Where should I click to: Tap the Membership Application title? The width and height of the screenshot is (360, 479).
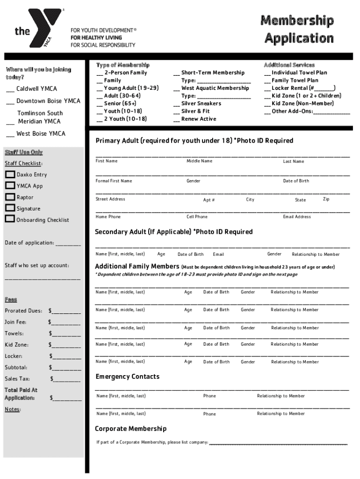click(297, 29)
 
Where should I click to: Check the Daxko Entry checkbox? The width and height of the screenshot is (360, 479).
click(10, 174)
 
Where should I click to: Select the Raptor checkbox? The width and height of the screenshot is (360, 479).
click(10, 197)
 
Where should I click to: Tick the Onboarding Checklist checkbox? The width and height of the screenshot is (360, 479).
click(10, 219)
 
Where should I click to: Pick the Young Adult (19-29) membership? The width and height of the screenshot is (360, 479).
click(127, 88)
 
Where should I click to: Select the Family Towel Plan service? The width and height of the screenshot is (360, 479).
click(295, 80)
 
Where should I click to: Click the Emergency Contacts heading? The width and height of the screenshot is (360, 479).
click(127, 377)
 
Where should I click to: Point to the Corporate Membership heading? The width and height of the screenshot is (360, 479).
click(130, 428)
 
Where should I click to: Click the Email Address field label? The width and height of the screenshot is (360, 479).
click(296, 217)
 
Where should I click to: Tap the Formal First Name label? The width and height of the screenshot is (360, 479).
click(114, 181)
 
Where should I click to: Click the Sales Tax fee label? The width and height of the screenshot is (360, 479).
click(17, 379)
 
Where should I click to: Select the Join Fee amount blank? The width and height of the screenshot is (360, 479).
click(66, 322)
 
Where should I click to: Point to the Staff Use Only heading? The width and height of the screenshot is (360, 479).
click(23, 152)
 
